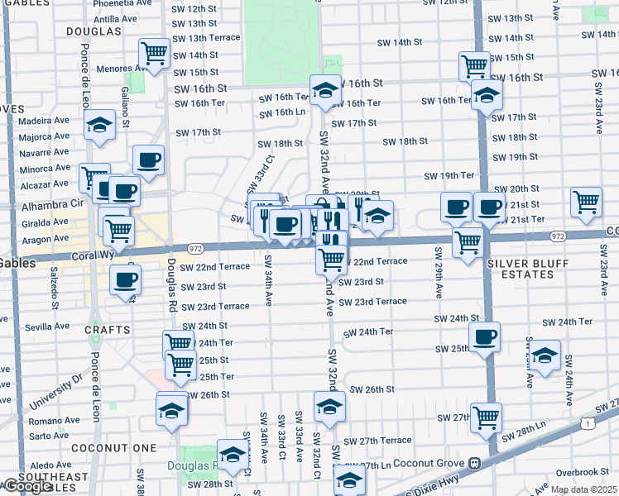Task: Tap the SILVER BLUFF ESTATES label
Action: pyautogui.click(x=534, y=269)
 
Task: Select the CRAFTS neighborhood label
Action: pyautogui.click(x=103, y=328)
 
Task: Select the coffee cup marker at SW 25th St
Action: pyautogui.click(x=485, y=336)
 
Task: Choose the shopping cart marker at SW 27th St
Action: pyautogui.click(x=486, y=416)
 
